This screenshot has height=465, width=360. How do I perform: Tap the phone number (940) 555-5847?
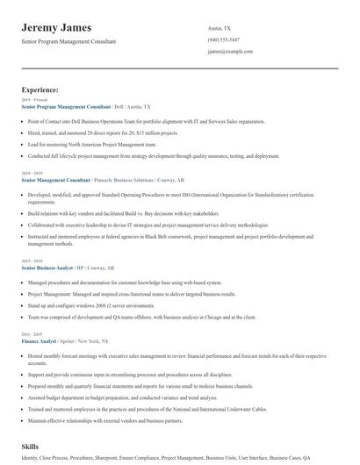pyautogui.click(x=224, y=40)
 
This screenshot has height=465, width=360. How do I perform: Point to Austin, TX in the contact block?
pyautogui.click(x=220, y=29)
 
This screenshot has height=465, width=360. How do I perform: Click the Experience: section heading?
pyautogui.click(x=40, y=89)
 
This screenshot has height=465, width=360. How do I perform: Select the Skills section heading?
pyautogui.click(x=30, y=447)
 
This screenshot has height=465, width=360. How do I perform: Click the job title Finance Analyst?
pyautogui.click(x=40, y=340)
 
